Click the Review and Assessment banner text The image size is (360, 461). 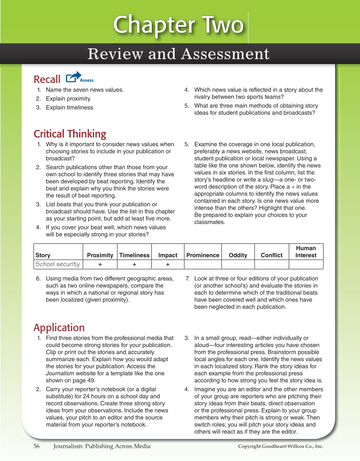[179, 54]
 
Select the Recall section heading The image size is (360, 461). [47, 79]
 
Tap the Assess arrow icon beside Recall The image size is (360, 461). [74, 77]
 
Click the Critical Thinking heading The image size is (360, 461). [70, 134]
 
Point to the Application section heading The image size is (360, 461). [59, 328]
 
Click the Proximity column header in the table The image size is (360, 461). [100, 255]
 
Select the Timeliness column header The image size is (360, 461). [134, 255]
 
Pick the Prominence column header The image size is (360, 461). [203, 255]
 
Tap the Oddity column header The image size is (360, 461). [238, 255]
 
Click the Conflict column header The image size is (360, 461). [272, 255]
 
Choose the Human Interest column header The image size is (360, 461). [306, 251]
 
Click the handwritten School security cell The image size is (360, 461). [58, 264]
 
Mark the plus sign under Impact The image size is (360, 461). [168, 265]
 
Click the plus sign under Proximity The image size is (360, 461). [100, 265]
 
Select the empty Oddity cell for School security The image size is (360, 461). [238, 265]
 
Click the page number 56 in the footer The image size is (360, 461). [36, 446]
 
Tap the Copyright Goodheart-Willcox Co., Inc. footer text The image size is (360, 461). [280, 447]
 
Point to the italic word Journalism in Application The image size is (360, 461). [60, 374]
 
